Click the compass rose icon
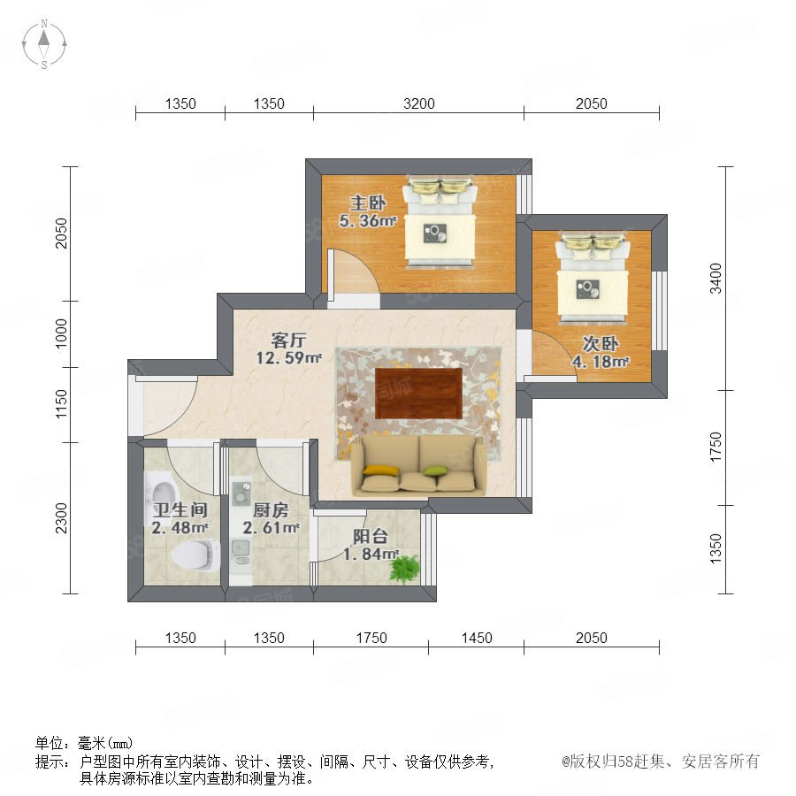coord(44,44)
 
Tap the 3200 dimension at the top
coord(419,103)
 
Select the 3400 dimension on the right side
coord(715,279)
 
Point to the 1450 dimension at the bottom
coord(476,638)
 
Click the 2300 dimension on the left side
coord(60,517)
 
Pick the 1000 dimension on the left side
coord(60,333)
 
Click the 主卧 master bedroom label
coord(368,203)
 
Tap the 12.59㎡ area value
coord(288,358)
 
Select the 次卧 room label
coord(600,344)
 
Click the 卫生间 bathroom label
coord(180,509)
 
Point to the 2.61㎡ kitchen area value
coord(271,528)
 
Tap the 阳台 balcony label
coord(371,536)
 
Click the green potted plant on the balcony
coord(404,568)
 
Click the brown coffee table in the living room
coord(419,393)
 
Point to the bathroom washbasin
coord(162,493)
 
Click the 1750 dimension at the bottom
coord(371,638)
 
